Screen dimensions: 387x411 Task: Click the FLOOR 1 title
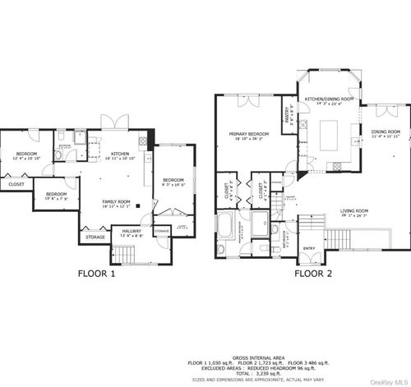[x=96, y=274]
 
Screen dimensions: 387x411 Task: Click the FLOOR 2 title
[x=314, y=274]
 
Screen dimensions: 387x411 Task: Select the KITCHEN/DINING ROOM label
[x=329, y=99]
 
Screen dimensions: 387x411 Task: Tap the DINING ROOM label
[x=386, y=131]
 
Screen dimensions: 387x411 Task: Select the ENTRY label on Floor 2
[x=309, y=247]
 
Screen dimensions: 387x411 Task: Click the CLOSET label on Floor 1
[x=16, y=185]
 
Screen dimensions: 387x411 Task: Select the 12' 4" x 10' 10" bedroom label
[x=27, y=154]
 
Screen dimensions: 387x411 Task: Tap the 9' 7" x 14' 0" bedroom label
[x=173, y=181]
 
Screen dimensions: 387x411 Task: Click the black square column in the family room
[x=138, y=206]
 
